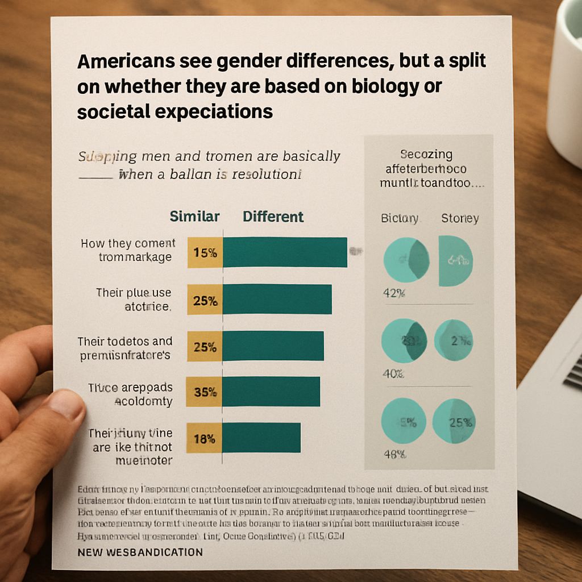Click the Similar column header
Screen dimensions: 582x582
[x=194, y=217]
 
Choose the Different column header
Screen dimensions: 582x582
[x=273, y=217]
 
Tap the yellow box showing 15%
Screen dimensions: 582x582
[x=205, y=253]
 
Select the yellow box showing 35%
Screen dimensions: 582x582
[x=205, y=392]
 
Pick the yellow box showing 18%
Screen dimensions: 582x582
[x=205, y=438]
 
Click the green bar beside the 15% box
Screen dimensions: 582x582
[x=285, y=252]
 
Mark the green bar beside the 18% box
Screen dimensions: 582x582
[x=261, y=438]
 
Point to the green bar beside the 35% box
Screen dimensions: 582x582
[x=271, y=392]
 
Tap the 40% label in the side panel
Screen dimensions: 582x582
[x=393, y=374]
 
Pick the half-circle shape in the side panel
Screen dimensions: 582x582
[x=455, y=261]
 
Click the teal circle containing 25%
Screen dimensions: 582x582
[x=453, y=421]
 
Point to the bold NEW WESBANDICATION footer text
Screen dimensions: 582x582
[x=140, y=552]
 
